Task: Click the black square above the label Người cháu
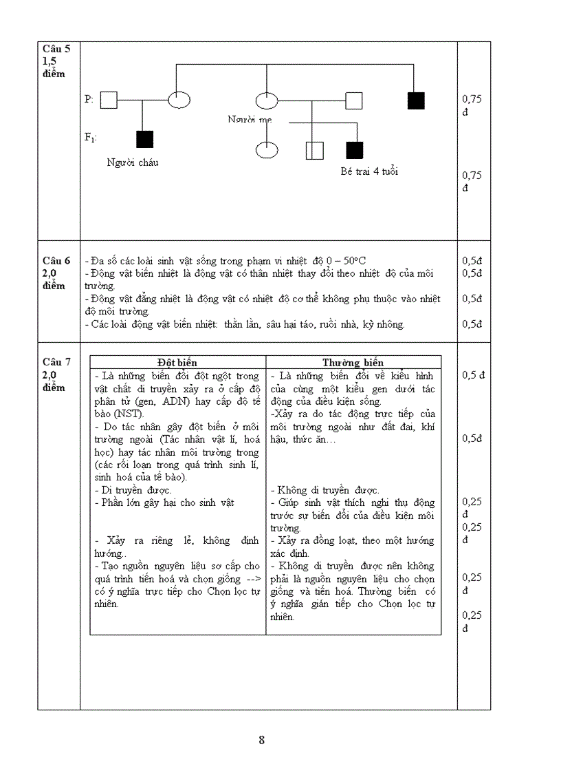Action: pyautogui.click(x=144, y=139)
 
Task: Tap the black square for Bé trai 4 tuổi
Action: pyautogui.click(x=354, y=150)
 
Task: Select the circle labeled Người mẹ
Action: pyautogui.click(x=267, y=100)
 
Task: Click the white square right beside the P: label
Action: pyautogui.click(x=109, y=100)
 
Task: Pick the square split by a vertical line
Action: pyautogui.click(x=313, y=150)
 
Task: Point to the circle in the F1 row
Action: pyautogui.click(x=267, y=149)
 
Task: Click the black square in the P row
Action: pyautogui.click(x=416, y=100)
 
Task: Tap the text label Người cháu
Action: pyautogui.click(x=133, y=162)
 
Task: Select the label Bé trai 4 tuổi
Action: pyautogui.click(x=369, y=171)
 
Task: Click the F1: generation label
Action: pyautogui.click(x=90, y=138)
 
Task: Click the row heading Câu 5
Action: pyautogui.click(x=56, y=49)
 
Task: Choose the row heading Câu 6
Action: pyautogui.click(x=56, y=261)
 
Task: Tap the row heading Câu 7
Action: pyautogui.click(x=56, y=362)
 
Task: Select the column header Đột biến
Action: pyautogui.click(x=177, y=363)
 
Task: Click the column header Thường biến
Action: pyautogui.click(x=353, y=363)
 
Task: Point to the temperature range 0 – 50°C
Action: pyautogui.click(x=346, y=261)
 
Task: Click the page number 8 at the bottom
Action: pyautogui.click(x=262, y=741)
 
